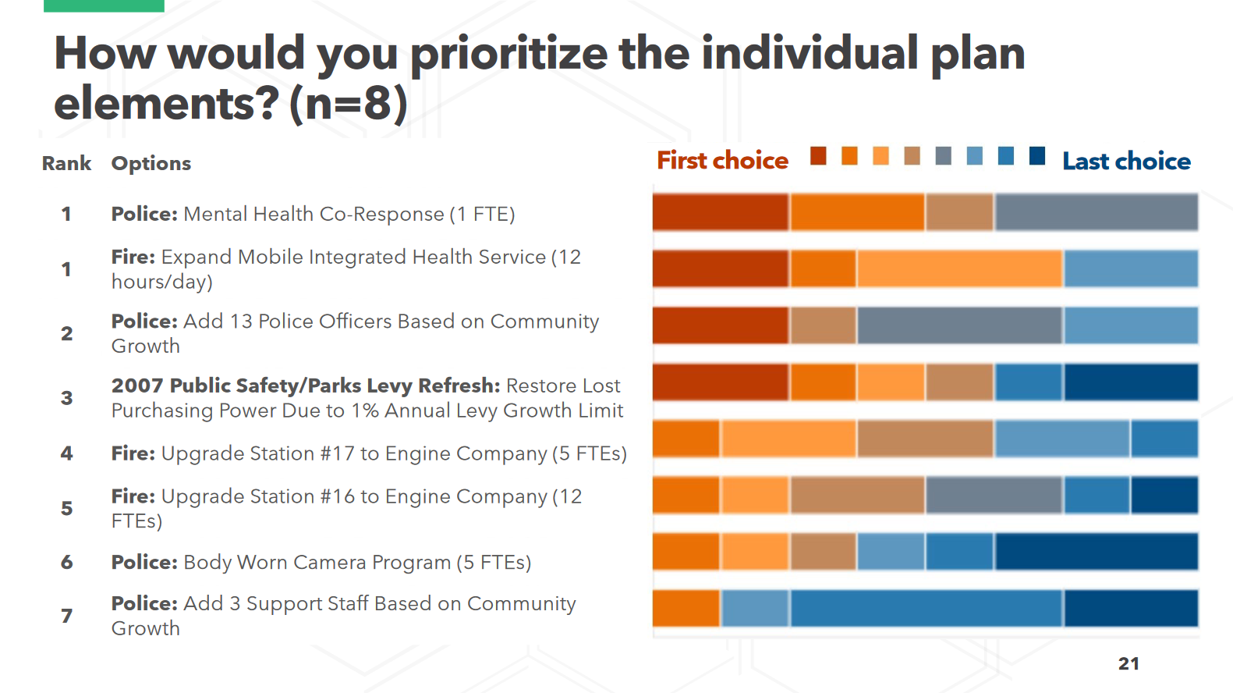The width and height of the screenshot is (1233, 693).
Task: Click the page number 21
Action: coord(1128,664)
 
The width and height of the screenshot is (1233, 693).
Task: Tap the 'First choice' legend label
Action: coord(722,161)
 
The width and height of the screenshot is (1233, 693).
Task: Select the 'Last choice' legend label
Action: coord(1126,162)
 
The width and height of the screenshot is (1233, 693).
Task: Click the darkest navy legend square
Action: coord(1037,156)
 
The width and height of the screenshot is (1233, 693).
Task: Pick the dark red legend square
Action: coord(818,156)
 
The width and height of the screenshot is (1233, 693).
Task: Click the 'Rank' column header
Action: coord(66,164)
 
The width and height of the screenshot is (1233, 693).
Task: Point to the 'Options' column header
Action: coord(151,164)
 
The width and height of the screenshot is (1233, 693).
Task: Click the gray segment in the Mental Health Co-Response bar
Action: coord(1097,212)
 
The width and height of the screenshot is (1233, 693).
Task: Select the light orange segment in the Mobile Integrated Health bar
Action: coord(959,268)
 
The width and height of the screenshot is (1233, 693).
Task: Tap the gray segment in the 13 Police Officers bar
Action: coord(959,325)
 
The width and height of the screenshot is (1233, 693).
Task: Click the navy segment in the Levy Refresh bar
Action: coord(1131,382)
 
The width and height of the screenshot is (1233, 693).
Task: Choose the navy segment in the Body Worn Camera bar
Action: coord(1097,552)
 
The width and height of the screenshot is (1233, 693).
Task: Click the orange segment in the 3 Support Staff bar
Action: coord(686,609)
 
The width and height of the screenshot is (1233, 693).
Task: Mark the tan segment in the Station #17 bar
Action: coord(925,439)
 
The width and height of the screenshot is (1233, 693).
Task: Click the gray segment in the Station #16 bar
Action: coord(994,496)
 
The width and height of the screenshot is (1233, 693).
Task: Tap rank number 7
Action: coord(67,616)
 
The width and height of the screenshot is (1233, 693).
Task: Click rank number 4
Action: coord(67,453)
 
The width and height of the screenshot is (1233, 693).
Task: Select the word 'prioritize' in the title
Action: coord(508,54)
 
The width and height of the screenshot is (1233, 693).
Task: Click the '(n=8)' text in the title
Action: coord(349,104)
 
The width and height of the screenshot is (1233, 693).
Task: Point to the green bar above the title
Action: coord(104,5)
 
